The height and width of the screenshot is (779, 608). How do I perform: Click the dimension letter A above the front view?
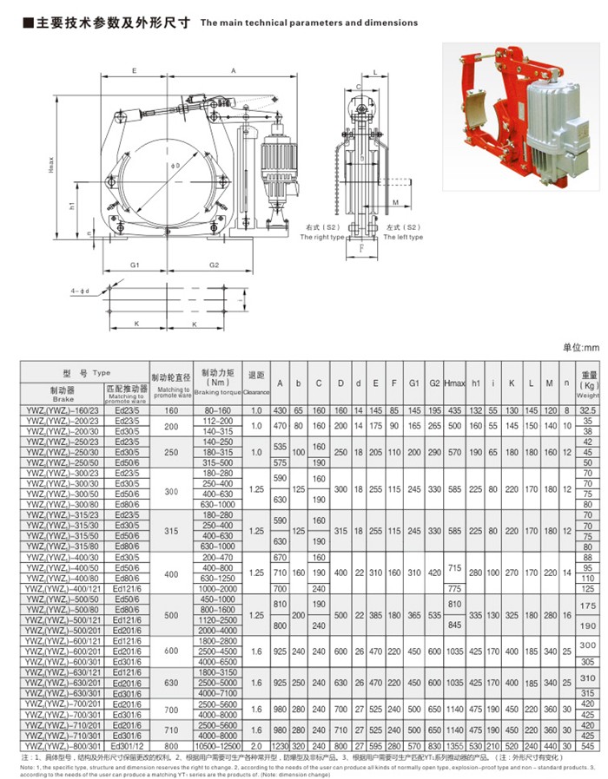234,69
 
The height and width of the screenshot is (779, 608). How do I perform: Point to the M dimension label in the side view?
394,200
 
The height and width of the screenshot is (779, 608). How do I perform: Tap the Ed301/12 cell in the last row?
126,744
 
